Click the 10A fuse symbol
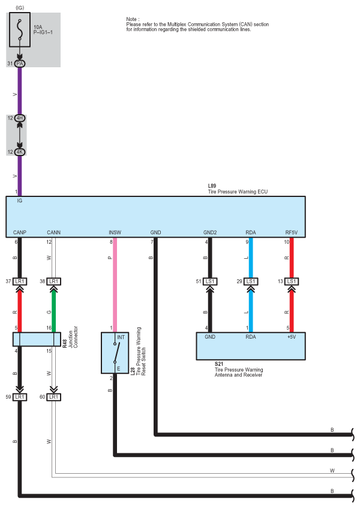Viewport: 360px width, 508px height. (20, 30)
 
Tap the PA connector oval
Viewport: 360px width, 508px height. (20, 64)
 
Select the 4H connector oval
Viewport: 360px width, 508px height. (20, 118)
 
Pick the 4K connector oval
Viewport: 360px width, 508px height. (20, 152)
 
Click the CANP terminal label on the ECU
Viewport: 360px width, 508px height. (20, 232)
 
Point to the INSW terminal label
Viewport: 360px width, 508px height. (115, 232)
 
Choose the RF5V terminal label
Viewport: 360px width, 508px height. (292, 232)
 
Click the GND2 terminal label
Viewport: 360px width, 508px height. (210, 232)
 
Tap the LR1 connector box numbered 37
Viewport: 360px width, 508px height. (20, 281)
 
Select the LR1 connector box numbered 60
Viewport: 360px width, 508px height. (54, 397)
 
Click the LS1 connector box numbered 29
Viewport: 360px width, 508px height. (251, 281)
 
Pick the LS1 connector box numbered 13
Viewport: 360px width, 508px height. (292, 281)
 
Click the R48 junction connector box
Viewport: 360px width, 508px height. (37, 339)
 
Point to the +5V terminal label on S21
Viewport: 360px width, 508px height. (292, 337)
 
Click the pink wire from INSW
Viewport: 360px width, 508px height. (115, 285)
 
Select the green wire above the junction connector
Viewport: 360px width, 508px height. (54, 311)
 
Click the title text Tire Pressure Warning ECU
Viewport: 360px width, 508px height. (238, 192)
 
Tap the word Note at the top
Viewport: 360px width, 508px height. (133, 19)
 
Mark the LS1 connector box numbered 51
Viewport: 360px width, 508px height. (210, 281)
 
